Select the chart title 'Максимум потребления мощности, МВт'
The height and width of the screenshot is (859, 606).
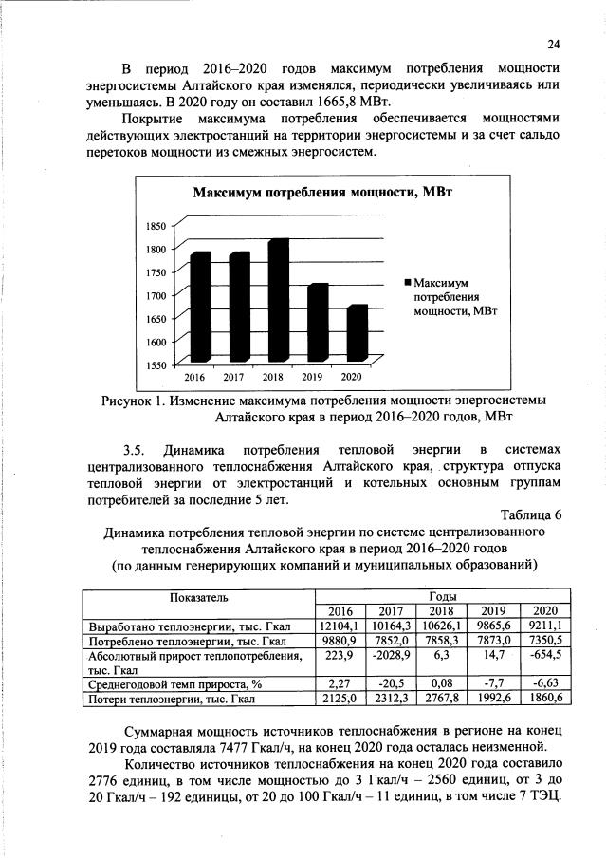click(x=323, y=193)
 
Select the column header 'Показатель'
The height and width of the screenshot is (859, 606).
click(x=199, y=597)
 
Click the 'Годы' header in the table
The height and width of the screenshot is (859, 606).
click(x=442, y=594)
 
